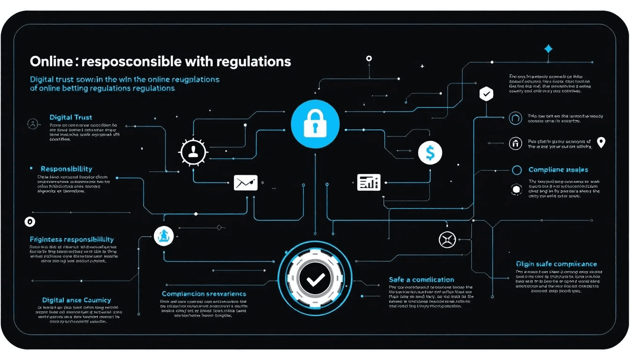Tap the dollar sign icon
(430, 152)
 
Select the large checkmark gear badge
(315, 280)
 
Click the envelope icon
(246, 183)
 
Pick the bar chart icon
(368, 182)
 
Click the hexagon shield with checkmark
(486, 94)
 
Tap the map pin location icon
(600, 142)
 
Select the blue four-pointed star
(548, 49)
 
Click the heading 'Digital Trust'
(71, 117)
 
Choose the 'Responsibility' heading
(66, 169)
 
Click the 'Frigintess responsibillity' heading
(72, 239)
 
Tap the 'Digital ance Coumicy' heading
(76, 300)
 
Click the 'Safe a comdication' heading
(421, 279)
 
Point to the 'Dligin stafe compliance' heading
(556, 264)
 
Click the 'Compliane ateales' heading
(558, 170)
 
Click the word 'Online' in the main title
(48, 61)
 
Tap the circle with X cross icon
(447, 240)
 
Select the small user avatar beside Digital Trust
(33, 124)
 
